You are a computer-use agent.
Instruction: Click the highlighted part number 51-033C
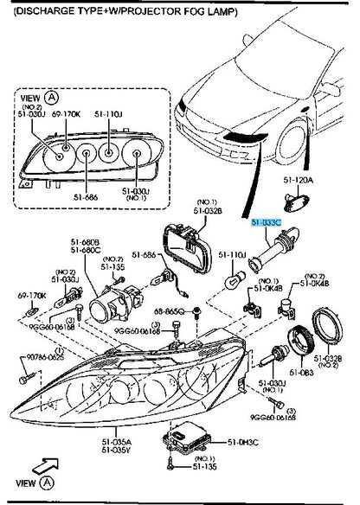pos(266,223)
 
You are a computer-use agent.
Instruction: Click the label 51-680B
pos(86,243)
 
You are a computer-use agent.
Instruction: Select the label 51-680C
pos(86,252)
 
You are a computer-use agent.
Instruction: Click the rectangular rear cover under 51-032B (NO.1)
pos(190,246)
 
